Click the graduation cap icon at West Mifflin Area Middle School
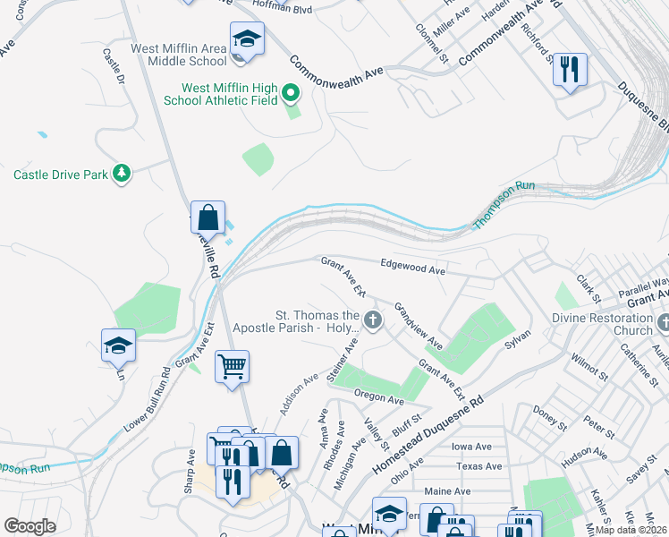click(247, 39)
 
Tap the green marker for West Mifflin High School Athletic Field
click(290, 91)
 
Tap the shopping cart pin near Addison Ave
click(232, 366)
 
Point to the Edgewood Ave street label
click(412, 268)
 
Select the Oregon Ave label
click(378, 396)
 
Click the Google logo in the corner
click(30, 525)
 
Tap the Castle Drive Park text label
click(60, 174)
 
